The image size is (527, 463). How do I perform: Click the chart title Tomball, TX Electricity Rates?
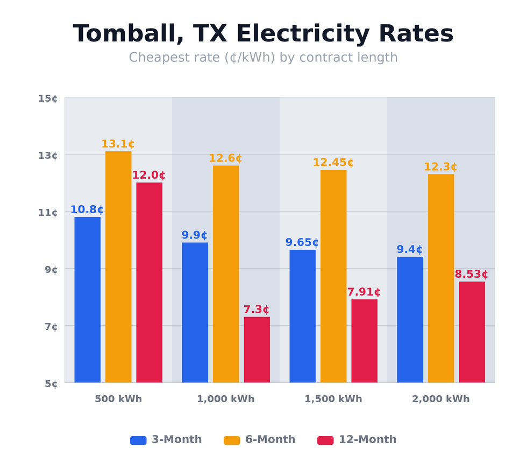coord(263,34)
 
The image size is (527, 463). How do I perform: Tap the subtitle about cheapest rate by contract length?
coord(263,58)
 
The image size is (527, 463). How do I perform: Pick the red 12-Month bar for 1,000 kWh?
coord(257,349)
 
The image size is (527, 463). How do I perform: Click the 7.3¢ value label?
coord(256,310)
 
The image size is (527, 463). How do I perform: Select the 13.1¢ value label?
coord(118,144)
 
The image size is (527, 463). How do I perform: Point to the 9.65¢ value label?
coord(302,243)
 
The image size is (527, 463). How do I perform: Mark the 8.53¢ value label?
coord(471,275)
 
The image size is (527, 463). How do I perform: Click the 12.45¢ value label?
coord(333,163)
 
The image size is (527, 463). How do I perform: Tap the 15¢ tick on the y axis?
coord(48,99)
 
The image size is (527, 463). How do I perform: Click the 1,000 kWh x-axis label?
coord(225,399)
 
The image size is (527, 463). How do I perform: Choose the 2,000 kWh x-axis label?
coord(440,399)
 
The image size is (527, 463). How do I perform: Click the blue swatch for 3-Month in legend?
coord(138,440)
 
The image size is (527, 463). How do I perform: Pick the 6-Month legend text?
coord(270,440)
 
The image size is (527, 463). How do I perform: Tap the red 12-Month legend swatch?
coord(325,440)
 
